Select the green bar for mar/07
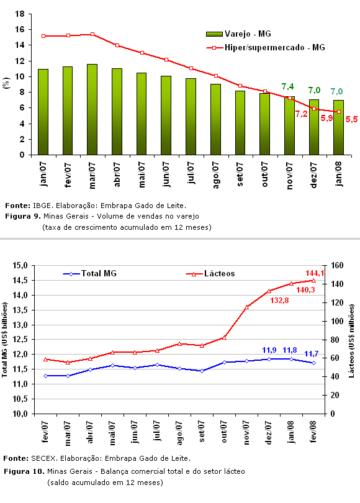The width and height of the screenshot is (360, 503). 92,110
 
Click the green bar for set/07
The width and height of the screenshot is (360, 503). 240,123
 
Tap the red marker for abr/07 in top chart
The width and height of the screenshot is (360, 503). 117,45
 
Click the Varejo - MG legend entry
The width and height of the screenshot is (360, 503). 238,34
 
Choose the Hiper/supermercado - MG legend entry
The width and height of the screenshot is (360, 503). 266,47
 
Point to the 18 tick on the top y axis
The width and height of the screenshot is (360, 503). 20,14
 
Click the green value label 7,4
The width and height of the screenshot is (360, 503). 287,86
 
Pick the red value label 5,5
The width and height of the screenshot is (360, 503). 351,120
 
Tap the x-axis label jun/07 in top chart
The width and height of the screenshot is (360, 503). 166,174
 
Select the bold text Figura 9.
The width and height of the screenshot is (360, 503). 23,217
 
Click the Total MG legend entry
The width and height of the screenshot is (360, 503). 90,274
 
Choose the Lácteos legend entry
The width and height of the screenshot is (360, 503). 210,274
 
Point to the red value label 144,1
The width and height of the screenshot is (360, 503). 315,273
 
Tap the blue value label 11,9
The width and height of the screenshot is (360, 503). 269,350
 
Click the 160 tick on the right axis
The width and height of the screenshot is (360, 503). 337,266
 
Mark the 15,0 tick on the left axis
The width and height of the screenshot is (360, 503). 20,266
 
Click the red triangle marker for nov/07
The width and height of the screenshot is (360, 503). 246,307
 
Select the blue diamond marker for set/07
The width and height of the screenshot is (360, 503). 202,371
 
